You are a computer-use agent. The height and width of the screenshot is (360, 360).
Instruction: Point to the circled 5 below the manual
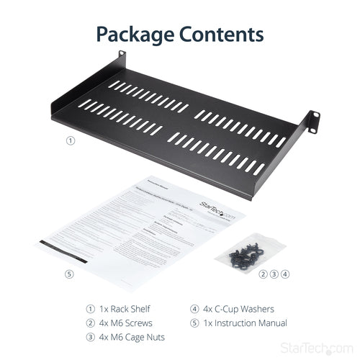click(69, 274)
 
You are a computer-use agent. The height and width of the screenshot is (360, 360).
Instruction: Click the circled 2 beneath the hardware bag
click(264, 274)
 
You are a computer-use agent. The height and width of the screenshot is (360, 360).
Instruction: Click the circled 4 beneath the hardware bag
click(286, 274)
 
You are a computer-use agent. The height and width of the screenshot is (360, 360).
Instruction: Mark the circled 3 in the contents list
click(89, 338)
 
